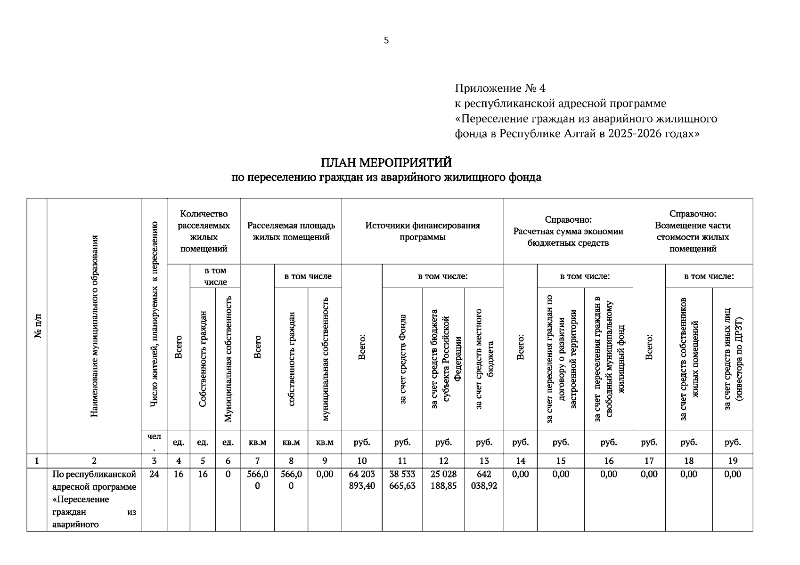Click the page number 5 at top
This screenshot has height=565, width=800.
point(386,40)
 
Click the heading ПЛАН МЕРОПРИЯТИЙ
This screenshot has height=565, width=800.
point(386,162)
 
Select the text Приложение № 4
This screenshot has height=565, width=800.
point(500,88)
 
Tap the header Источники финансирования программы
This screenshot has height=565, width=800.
point(423,231)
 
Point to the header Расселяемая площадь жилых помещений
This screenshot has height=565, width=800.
point(291,231)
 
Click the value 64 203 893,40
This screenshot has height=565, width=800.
point(362,480)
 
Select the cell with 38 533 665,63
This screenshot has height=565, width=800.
point(402,480)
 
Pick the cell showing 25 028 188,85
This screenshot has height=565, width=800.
point(443,480)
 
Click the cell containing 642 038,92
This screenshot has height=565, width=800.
point(484,480)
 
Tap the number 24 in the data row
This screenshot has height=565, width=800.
point(154,474)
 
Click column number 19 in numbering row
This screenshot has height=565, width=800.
point(733,461)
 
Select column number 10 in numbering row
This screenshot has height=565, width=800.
point(362,461)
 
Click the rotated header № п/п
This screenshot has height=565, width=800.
point(37,326)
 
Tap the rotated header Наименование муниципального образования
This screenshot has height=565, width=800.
point(94,326)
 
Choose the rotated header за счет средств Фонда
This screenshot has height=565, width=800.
point(402,359)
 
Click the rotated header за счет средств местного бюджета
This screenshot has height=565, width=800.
point(484,359)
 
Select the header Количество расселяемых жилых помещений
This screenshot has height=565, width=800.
point(204,231)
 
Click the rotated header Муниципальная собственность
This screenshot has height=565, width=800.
point(228,359)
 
